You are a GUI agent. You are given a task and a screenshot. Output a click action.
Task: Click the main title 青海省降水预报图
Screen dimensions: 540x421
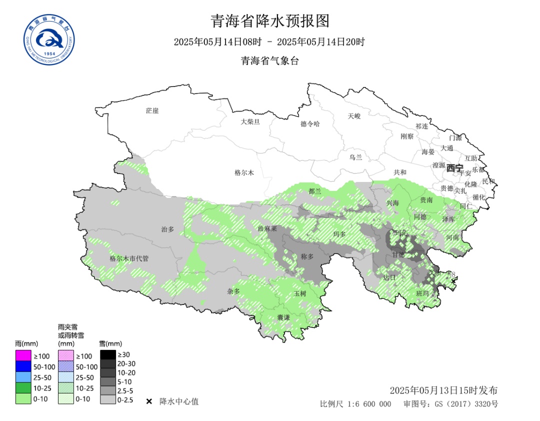[x=270, y=21]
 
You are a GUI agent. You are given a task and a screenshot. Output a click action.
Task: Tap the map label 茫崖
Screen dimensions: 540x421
[x=152, y=110]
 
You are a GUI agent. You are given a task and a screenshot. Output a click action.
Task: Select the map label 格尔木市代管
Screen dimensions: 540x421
[x=129, y=258]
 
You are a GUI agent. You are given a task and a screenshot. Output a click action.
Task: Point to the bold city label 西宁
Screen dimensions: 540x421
[x=455, y=167]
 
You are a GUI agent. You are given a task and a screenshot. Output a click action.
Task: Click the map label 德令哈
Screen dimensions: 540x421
[x=310, y=124]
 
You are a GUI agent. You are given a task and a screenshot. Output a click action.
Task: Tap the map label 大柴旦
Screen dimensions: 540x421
[x=250, y=121]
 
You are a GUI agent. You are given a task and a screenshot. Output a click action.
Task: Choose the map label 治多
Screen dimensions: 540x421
[x=167, y=229]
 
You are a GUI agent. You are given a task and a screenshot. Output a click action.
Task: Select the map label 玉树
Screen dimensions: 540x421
[x=299, y=293]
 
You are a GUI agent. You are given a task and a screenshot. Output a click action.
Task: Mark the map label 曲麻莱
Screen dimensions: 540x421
[x=267, y=228]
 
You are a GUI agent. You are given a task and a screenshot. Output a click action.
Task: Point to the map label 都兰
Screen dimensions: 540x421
[x=315, y=191]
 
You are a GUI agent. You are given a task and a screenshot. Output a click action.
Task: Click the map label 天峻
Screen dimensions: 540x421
[x=354, y=116]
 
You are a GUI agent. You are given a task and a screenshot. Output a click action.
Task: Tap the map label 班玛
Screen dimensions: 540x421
[x=422, y=293]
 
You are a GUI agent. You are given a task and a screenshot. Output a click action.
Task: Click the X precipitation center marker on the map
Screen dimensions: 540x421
[x=453, y=282]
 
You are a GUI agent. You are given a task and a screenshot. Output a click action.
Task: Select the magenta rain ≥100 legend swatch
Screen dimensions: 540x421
[x=23, y=356]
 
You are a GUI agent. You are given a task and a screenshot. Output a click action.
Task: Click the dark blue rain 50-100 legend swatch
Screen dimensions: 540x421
[x=23, y=366]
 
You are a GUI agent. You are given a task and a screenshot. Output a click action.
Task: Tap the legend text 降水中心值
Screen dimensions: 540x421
[x=179, y=401]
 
